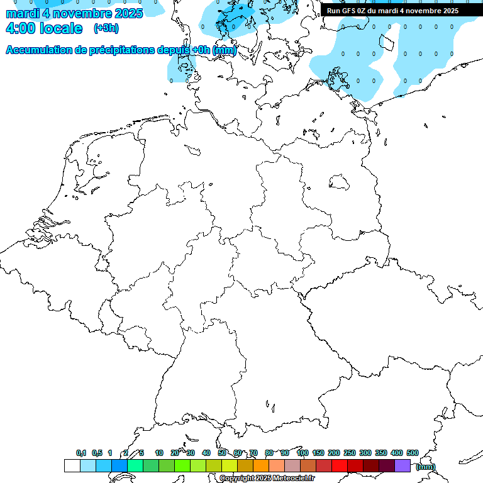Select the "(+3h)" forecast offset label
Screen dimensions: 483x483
pos(106,28)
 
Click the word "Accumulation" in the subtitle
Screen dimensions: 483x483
pos(39,50)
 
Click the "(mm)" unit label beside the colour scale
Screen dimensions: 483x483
pos(425,466)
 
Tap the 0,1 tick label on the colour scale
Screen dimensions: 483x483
pos(81,453)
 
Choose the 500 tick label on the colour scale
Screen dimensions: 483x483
pos(412,453)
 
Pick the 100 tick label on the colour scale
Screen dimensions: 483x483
pos(302,453)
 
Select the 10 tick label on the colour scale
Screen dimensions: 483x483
pos(159,453)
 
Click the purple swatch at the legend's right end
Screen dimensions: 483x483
pos(402,465)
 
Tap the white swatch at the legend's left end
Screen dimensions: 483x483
pos(72,465)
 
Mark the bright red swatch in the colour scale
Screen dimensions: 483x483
pos(340,465)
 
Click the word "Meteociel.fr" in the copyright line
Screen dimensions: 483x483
pos(293,479)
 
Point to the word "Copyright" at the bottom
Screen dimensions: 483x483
pos(237,479)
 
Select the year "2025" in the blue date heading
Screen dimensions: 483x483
pos(125,13)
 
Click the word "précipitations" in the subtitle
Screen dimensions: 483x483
pos(126,50)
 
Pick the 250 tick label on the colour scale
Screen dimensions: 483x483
pos(349,453)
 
